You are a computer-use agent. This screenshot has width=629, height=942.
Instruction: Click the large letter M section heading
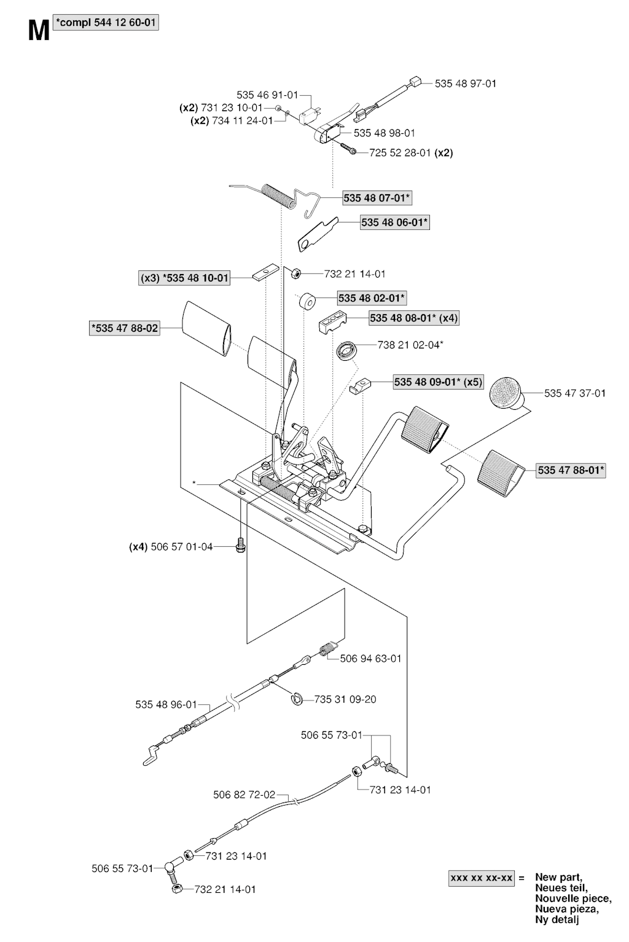[39, 31]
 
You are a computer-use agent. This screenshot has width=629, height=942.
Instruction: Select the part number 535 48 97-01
[466, 84]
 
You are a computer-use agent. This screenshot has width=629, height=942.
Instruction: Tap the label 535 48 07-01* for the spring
[377, 198]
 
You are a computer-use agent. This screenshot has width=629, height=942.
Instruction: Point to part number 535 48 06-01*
[394, 222]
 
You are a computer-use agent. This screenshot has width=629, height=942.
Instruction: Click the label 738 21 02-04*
[410, 345]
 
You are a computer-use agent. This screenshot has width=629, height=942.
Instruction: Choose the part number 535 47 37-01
[575, 393]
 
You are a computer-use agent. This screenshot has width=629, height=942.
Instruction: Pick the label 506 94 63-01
[370, 658]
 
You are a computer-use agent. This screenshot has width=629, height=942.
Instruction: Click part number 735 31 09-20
[345, 699]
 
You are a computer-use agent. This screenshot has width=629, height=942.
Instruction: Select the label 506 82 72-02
[244, 795]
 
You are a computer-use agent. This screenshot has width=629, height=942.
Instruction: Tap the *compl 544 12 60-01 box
[106, 22]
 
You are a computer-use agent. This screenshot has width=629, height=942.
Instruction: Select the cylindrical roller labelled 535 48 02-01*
[308, 302]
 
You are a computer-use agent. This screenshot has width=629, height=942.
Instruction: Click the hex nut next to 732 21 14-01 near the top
[295, 274]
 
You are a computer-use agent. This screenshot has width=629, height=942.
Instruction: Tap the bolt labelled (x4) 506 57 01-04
[241, 545]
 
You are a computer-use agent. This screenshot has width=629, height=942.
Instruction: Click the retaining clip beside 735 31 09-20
[297, 699]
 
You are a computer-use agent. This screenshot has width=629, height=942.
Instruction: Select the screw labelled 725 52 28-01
[348, 149]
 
